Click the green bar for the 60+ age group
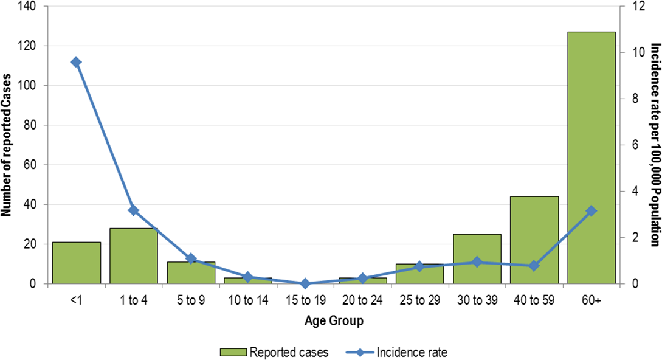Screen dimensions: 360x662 pos(591,158)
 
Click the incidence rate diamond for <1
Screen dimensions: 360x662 pos(77,62)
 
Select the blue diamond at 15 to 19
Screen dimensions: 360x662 pos(305,283)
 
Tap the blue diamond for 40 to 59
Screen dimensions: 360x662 pos(534,266)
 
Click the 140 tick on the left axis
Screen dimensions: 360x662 pos(28,7)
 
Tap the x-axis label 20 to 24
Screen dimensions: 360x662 pos(362,300)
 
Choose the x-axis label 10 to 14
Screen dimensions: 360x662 pos(248,300)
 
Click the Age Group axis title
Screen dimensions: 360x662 pos(334,321)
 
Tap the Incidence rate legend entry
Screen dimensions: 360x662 pos(399,351)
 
